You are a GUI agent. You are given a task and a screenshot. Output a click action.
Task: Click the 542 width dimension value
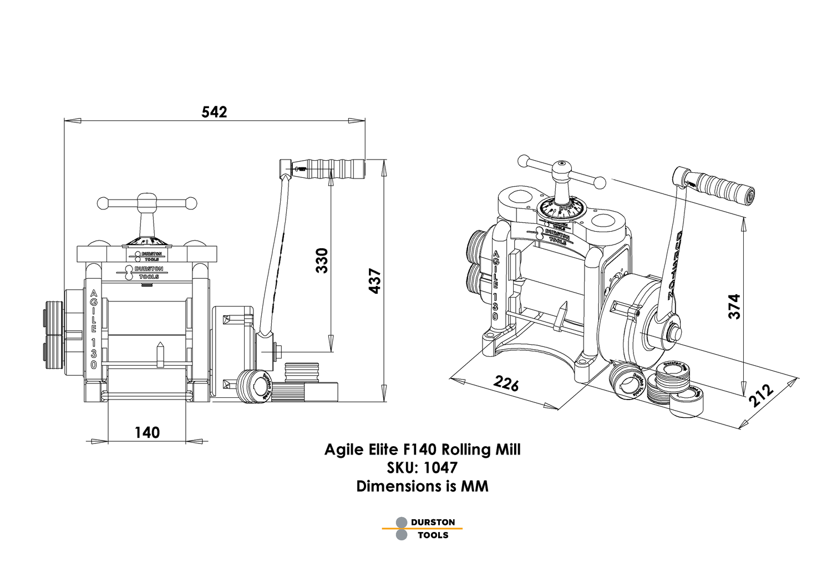pyautogui.click(x=214, y=113)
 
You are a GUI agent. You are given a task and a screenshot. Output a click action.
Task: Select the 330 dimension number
pyautogui.click(x=322, y=260)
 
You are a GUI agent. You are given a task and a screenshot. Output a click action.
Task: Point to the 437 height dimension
pyautogui.click(x=375, y=281)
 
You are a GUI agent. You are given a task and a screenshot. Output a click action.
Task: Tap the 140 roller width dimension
pyautogui.click(x=147, y=432)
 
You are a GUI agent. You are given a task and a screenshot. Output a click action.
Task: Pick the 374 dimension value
pyautogui.click(x=734, y=306)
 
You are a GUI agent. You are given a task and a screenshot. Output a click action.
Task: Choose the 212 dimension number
pyautogui.click(x=761, y=395)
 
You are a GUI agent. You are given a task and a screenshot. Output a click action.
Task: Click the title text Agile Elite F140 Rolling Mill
pyautogui.click(x=422, y=449)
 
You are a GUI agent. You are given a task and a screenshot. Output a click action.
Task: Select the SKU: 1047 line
pyautogui.click(x=422, y=468)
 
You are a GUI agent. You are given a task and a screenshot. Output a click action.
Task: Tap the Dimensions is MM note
pyautogui.click(x=422, y=487)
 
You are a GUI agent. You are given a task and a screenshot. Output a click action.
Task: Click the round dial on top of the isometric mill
pyautogui.click(x=561, y=209)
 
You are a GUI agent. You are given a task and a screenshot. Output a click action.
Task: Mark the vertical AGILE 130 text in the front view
pyautogui.click(x=93, y=329)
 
